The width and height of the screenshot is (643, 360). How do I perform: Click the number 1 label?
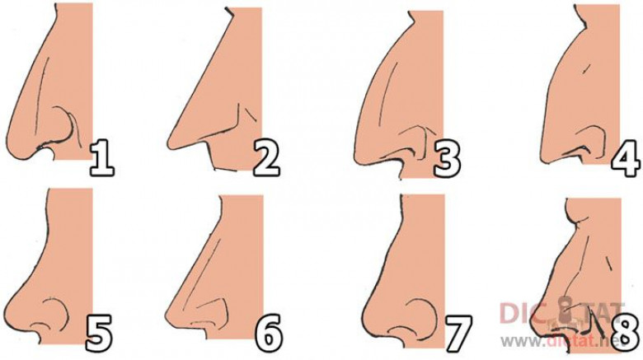[x=101, y=158]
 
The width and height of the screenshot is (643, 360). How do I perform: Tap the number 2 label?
[x=266, y=158]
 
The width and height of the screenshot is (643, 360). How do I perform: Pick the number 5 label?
[x=98, y=333]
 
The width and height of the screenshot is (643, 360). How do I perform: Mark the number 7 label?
[x=458, y=334]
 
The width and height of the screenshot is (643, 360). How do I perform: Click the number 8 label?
[x=627, y=332]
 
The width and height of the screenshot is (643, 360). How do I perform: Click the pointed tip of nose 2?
[x=169, y=144]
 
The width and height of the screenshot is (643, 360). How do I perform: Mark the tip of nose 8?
[x=533, y=324]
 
